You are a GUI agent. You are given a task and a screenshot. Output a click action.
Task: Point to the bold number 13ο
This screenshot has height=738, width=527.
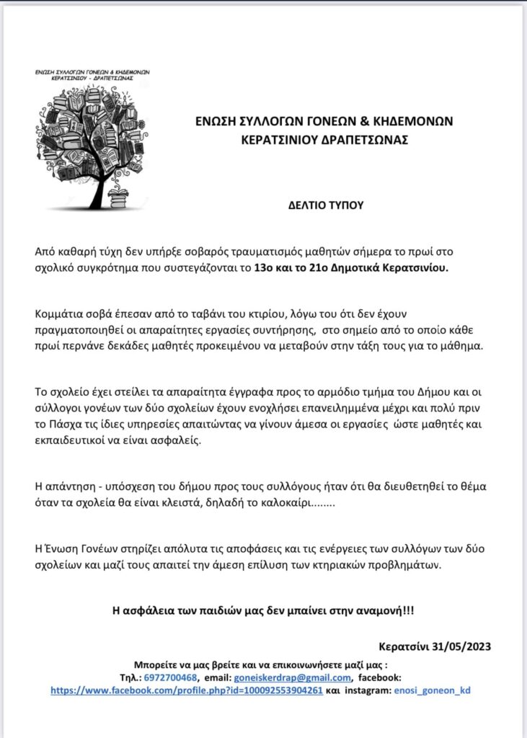tap(263, 269)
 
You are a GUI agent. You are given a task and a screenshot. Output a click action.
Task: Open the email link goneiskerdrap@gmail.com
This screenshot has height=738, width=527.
tap(293, 677)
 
